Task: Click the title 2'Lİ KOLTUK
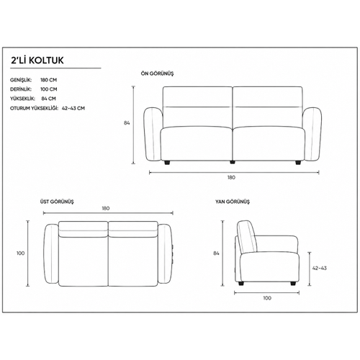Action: click(37, 60)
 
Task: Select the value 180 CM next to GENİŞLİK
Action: click(49, 80)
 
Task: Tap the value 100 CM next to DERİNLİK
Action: click(49, 89)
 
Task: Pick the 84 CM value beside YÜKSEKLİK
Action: click(48, 99)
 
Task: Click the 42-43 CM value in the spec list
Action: click(73, 108)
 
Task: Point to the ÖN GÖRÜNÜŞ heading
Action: click(157, 73)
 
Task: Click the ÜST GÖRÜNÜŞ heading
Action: click(57, 202)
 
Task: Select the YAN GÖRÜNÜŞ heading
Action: click(233, 202)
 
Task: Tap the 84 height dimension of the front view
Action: click(127, 123)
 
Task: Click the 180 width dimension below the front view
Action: click(231, 178)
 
